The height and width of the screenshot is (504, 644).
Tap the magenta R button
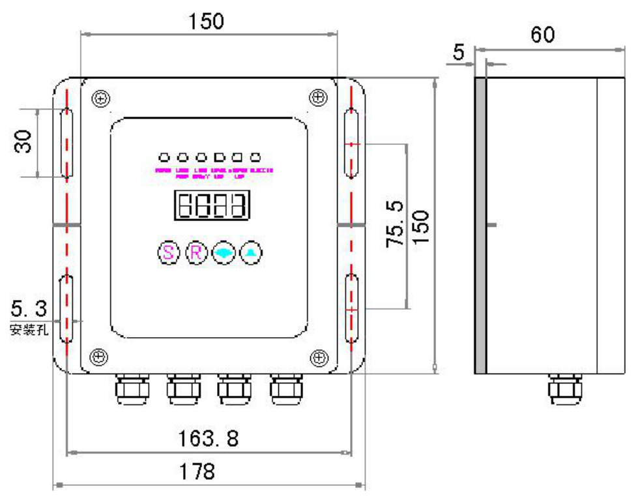(196, 252)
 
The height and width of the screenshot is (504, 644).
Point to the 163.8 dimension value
(209, 439)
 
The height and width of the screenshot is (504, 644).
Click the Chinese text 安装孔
(29, 329)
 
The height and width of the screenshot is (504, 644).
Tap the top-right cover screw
(318, 98)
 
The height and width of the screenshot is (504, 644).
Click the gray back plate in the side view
(480, 225)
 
